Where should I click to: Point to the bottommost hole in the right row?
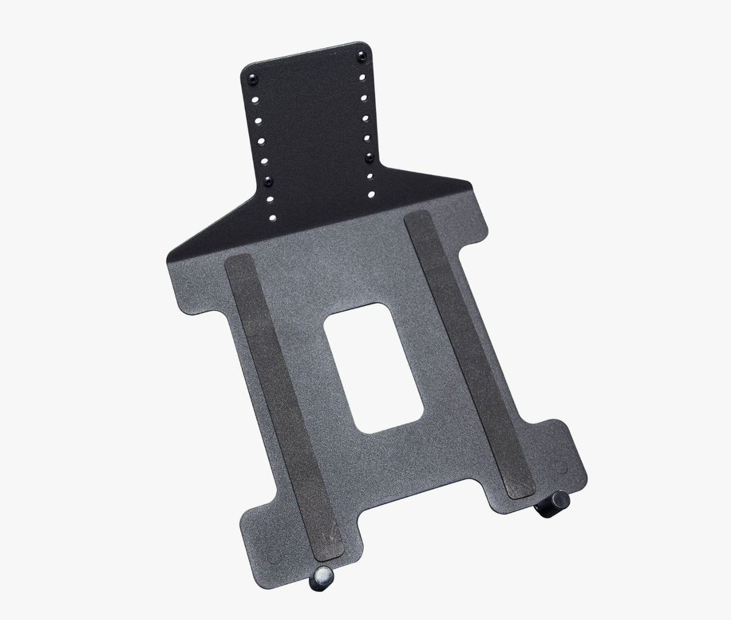pyautogui.click(x=372, y=194)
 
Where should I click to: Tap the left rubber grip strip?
pyautogui.click(x=277, y=402)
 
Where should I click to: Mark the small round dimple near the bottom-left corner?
pyautogui.click(x=272, y=539)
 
